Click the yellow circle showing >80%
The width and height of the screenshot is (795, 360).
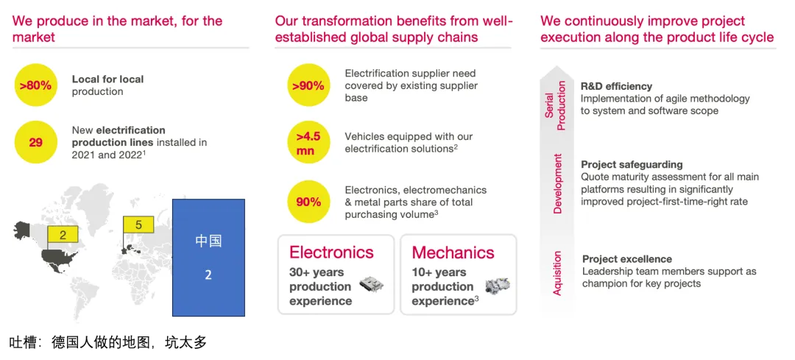[x=35, y=85]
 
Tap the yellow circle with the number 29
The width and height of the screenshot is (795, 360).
[x=35, y=143]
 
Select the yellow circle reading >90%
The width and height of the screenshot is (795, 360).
[x=308, y=85]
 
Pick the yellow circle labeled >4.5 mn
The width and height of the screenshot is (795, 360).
[x=308, y=143]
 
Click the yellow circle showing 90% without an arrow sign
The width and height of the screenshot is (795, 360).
[x=308, y=202]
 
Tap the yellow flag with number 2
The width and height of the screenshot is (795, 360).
[x=63, y=234]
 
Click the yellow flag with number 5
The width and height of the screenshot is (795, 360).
[x=139, y=224]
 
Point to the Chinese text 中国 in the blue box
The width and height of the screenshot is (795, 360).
[x=208, y=241]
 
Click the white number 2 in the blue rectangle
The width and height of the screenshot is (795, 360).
[x=208, y=275]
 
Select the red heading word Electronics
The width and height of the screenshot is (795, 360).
[x=331, y=252]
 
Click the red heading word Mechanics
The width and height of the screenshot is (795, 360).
[x=453, y=252]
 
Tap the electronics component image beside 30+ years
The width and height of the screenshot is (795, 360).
[x=371, y=284]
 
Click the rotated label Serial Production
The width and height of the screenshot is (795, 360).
[x=555, y=105]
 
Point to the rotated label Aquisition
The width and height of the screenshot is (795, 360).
[x=557, y=273]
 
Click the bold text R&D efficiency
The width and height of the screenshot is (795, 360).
[x=617, y=86]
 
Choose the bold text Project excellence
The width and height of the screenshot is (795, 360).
[x=627, y=259]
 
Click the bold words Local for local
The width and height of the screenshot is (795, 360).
[x=107, y=79]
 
